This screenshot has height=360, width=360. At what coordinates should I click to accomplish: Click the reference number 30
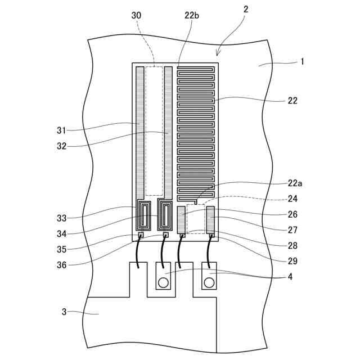(137, 15)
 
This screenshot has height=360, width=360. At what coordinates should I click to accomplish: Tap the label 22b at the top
(192, 15)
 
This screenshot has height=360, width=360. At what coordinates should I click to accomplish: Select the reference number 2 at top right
(246, 9)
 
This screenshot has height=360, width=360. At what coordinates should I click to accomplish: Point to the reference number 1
(302, 61)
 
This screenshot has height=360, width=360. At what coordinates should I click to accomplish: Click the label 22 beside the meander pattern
(292, 101)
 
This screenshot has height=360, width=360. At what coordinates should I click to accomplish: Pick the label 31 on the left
(62, 130)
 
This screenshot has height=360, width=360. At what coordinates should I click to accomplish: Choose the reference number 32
(62, 146)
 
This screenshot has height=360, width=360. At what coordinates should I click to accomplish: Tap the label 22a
(294, 183)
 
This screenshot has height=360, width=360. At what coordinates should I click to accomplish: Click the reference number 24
(292, 199)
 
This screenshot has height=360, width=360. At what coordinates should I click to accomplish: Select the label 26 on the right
(292, 214)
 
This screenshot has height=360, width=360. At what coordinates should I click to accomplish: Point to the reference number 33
(62, 218)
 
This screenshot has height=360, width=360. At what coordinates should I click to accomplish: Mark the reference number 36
(62, 264)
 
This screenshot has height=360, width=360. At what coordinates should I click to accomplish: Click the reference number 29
(292, 261)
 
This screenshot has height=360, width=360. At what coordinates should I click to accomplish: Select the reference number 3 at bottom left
(64, 312)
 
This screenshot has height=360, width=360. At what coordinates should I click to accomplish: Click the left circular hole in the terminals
(163, 282)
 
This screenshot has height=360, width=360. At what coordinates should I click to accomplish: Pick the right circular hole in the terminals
(209, 282)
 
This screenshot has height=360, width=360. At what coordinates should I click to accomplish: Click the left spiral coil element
(144, 214)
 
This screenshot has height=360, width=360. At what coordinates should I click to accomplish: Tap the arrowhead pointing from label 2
(218, 55)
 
